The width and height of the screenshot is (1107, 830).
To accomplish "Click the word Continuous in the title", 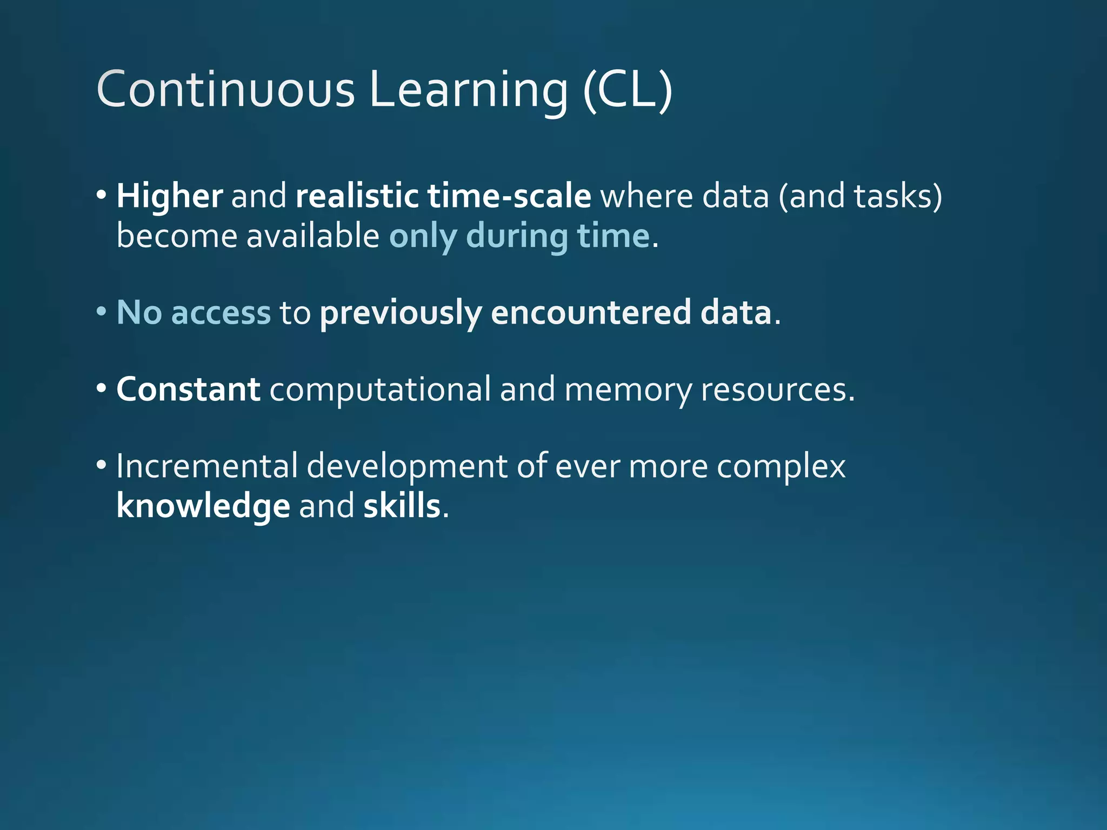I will tap(225, 89).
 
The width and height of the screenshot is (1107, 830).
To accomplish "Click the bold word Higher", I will tap(169, 196).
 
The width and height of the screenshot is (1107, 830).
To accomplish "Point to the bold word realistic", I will tap(357, 196).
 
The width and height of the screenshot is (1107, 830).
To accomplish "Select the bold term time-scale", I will tap(509, 196).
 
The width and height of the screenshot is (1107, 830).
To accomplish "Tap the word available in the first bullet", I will tap(313, 236).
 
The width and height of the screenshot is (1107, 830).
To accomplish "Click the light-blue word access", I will tap(221, 313).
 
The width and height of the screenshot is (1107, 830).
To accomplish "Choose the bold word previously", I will tap(401, 313).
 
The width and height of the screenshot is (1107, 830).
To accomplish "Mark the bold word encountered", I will tap(590, 313).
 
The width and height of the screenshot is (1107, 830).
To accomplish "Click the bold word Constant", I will tap(188, 389).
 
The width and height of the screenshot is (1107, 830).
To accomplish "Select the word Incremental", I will tap(207, 466).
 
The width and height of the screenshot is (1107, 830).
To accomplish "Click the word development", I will tap(407, 467).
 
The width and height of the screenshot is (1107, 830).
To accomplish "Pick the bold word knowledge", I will tap(203, 506).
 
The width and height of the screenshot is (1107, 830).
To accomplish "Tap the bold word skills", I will tap(402, 506).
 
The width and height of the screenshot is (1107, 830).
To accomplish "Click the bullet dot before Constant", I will tap(102, 389).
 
